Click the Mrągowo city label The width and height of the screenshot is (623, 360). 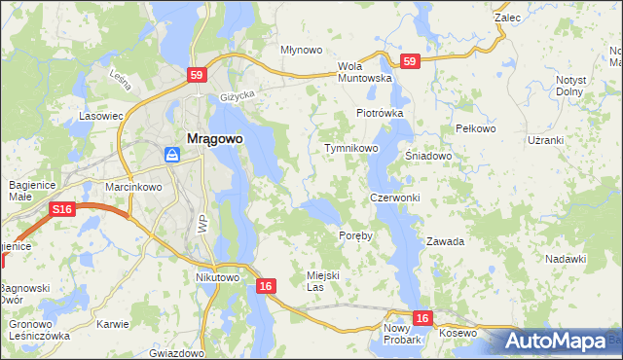tap(210, 138)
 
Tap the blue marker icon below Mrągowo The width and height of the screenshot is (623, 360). tap(171, 155)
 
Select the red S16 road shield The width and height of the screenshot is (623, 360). tap(62, 209)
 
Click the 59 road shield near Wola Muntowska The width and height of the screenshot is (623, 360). tap(410, 61)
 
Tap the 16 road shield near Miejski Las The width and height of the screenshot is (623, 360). tap(267, 286)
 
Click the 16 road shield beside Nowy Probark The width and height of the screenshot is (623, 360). tap(421, 318)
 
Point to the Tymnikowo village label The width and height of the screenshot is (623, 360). tap(350, 149)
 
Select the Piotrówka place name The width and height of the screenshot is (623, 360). tap(380, 113)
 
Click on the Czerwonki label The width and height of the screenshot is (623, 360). tap(394, 198)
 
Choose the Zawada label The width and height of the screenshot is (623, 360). tap(445, 241)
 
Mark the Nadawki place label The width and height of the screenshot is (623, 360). tap(566, 259)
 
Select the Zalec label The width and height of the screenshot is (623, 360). tap(507, 18)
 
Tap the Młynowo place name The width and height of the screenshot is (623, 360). tap(301, 50)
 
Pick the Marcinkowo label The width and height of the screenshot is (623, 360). tap(132, 187)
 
